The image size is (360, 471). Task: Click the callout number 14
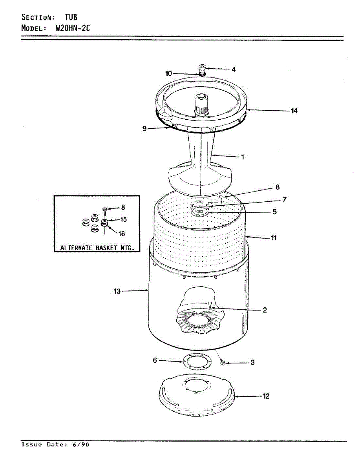(x=294, y=111)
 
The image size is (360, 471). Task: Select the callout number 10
(x=168, y=73)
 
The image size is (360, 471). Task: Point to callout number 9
(x=145, y=128)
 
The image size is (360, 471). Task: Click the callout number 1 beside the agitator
(x=243, y=157)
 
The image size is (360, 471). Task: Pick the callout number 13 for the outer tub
(x=117, y=291)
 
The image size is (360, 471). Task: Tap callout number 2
(x=265, y=310)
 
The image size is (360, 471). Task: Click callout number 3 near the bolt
(x=252, y=362)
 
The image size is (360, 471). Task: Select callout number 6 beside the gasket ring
(x=155, y=360)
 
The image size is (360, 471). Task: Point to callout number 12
(x=266, y=396)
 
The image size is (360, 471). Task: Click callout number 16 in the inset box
(x=121, y=234)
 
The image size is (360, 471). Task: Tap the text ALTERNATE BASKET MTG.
(x=97, y=248)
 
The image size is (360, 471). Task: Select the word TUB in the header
(x=71, y=17)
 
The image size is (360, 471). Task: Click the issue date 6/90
(x=81, y=445)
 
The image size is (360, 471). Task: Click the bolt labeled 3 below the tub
(x=223, y=363)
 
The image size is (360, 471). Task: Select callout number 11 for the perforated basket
(x=274, y=237)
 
